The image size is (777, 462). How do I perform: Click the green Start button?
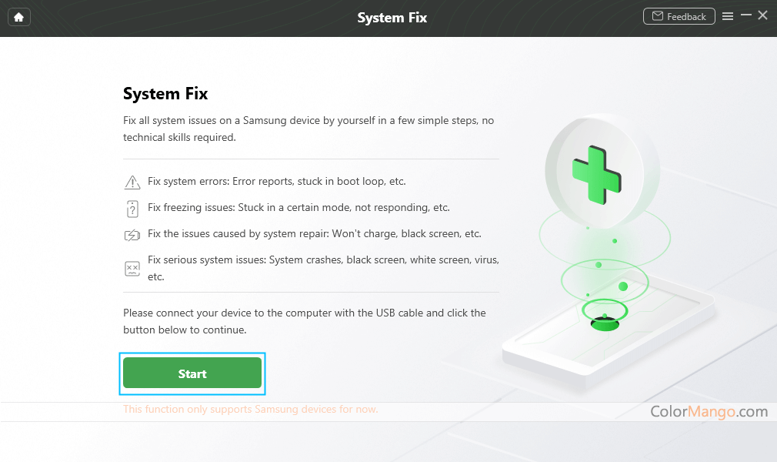tap(192, 373)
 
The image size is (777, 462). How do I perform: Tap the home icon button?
tap(18, 18)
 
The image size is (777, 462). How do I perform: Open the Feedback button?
tap(679, 16)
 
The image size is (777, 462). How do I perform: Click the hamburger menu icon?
tap(728, 16)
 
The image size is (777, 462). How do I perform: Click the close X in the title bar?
tap(763, 15)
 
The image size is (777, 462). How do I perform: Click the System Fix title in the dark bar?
tap(392, 18)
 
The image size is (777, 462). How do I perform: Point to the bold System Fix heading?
tap(165, 94)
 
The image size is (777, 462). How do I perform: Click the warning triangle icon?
tap(132, 182)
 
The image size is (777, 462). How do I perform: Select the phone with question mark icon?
tap(132, 209)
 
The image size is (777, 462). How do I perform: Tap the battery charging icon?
tap(132, 235)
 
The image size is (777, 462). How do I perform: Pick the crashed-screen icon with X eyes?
tap(132, 269)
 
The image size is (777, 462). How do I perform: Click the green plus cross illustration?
tap(597, 175)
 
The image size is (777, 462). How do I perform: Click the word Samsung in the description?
tap(265, 121)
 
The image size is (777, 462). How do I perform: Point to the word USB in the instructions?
tap(385, 313)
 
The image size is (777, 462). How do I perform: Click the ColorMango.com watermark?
tap(709, 411)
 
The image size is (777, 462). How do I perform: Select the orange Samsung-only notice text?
tap(250, 410)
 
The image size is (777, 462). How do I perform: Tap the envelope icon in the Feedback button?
tap(658, 16)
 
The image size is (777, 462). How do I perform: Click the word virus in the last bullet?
tap(485, 260)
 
